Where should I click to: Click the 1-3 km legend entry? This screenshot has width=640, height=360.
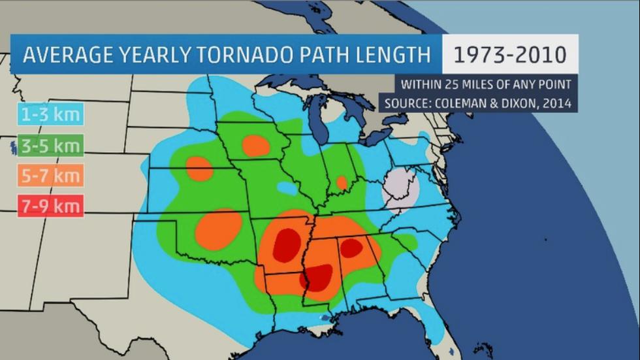pyautogui.click(x=50, y=115)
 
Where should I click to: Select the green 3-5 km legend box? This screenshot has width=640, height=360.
pyautogui.click(x=50, y=146)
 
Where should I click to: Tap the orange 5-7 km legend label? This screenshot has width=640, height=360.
pyautogui.click(x=50, y=176)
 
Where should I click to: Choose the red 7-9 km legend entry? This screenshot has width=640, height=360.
pyautogui.click(x=50, y=207)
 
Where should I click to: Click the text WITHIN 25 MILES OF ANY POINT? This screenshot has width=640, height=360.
pyautogui.click(x=486, y=84)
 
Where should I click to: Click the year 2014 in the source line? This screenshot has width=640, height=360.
pyautogui.click(x=557, y=103)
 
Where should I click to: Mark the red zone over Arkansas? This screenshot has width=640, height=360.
pyautogui.click(x=285, y=245)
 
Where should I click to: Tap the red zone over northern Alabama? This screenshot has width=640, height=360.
pyautogui.click(x=351, y=248)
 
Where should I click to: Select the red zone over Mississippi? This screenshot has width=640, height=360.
pyautogui.click(x=318, y=277)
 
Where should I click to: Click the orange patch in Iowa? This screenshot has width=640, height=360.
pyautogui.click(x=255, y=145)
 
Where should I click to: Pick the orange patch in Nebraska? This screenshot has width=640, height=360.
pyautogui.click(x=199, y=169)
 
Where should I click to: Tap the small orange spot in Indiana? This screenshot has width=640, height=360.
pyautogui.click(x=342, y=183)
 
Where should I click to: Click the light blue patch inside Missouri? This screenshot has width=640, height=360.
pyautogui.click(x=286, y=188)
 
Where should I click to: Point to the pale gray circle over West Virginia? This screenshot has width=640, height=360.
pyautogui.click(x=400, y=188)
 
